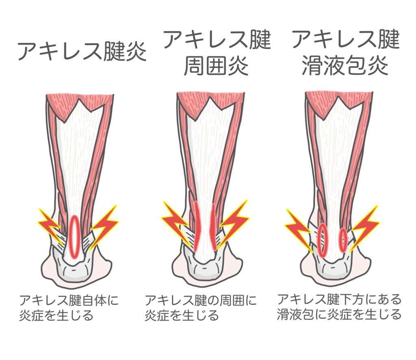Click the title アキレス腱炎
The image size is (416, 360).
(82, 51)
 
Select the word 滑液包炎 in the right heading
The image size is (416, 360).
(345, 65)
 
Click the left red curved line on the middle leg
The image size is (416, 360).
(197, 226)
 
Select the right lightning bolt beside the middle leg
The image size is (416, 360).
(234, 223)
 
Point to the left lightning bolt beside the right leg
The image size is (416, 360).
(299, 230)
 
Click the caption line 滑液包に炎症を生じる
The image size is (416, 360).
(339, 314)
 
